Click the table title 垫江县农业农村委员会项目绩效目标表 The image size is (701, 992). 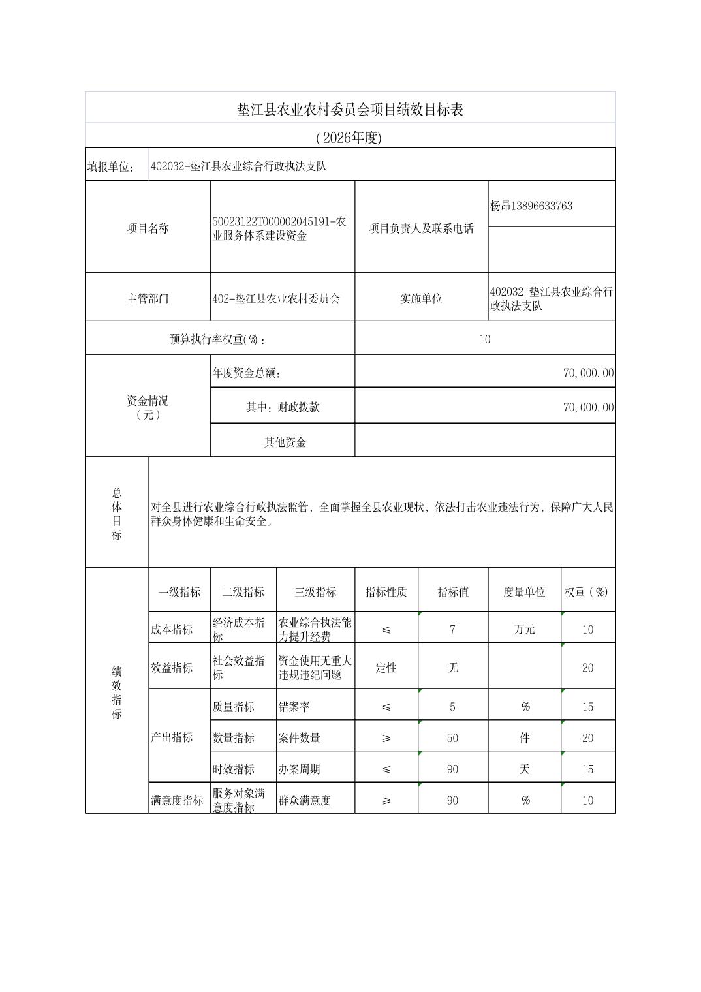(x=350, y=110)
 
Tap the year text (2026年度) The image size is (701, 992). (x=348, y=138)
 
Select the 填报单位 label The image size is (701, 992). (x=110, y=166)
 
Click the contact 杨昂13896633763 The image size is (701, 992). (x=531, y=206)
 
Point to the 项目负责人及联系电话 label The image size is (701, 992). (x=421, y=228)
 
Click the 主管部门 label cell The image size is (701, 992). (x=148, y=299)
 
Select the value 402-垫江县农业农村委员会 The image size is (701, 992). (x=276, y=299)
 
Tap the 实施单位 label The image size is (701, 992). (x=421, y=299)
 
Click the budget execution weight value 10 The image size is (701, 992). (x=484, y=339)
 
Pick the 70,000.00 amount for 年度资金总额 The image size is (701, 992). (x=588, y=373)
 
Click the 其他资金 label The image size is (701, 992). (x=285, y=442)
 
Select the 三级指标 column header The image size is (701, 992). (x=315, y=592)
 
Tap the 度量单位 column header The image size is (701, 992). (x=523, y=592)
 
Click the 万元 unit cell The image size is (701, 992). (x=524, y=630)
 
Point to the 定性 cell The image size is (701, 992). (x=386, y=668)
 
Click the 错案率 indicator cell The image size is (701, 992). (x=294, y=707)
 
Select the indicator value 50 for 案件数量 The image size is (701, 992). (x=452, y=738)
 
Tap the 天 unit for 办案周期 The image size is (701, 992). (x=524, y=769)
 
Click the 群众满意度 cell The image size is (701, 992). (x=305, y=801)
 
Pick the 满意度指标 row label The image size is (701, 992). (x=177, y=801)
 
